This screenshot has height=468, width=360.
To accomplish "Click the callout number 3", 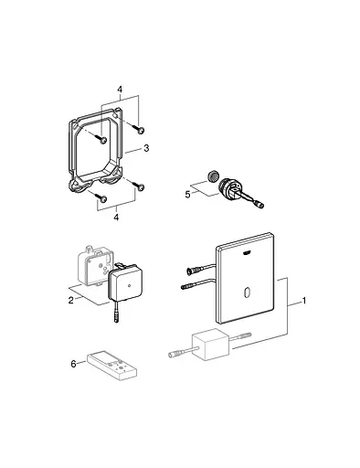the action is pos(146,148).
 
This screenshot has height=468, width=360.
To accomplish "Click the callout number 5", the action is pos(187,194).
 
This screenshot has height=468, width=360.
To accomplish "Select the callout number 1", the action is pos(303,301).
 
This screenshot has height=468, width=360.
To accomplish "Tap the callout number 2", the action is pos(71,300).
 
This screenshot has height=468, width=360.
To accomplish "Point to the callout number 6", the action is pos(73,364).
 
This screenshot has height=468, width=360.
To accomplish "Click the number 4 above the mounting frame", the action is pos(120,90).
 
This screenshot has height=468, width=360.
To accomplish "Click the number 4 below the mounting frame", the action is pos(116,218).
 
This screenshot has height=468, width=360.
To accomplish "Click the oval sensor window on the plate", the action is pos(246,292).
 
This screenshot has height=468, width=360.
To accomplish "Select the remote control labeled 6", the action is pos(111,367).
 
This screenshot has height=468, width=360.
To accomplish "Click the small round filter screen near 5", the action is pos(212,175).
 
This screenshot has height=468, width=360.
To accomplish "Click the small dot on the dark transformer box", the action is pos(129,286).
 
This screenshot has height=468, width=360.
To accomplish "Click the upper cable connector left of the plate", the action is pos(193,271).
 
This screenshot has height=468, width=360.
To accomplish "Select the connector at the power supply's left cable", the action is pos(175,354).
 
